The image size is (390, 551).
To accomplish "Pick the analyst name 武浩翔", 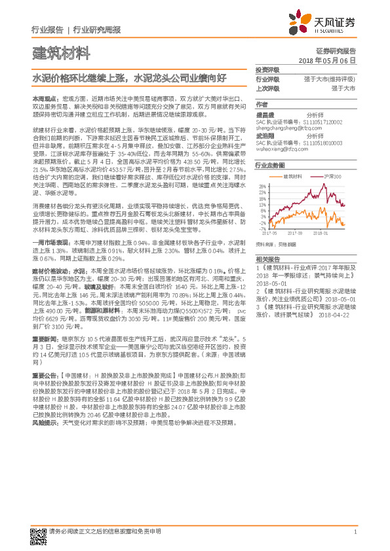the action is (x=265, y=134).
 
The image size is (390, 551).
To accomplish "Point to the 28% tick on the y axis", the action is (x=261, y=186).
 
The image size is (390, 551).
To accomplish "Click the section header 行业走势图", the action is (x=269, y=166).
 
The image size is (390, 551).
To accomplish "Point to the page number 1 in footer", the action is (x=355, y=532).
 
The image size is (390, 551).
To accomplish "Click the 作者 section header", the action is (x=262, y=104).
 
